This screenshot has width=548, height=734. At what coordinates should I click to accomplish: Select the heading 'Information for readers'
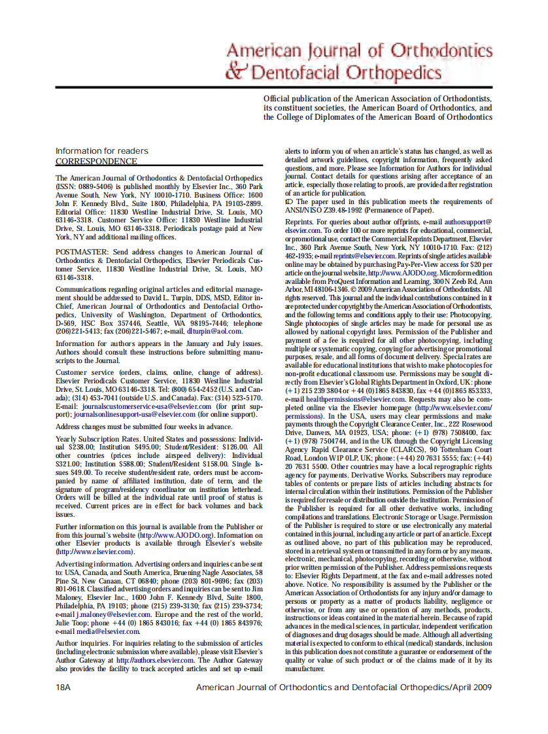pos(101,150)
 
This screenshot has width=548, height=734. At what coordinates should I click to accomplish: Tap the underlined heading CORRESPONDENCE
pos(96,161)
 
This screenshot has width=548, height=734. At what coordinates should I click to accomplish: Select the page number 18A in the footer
pos(63,687)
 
